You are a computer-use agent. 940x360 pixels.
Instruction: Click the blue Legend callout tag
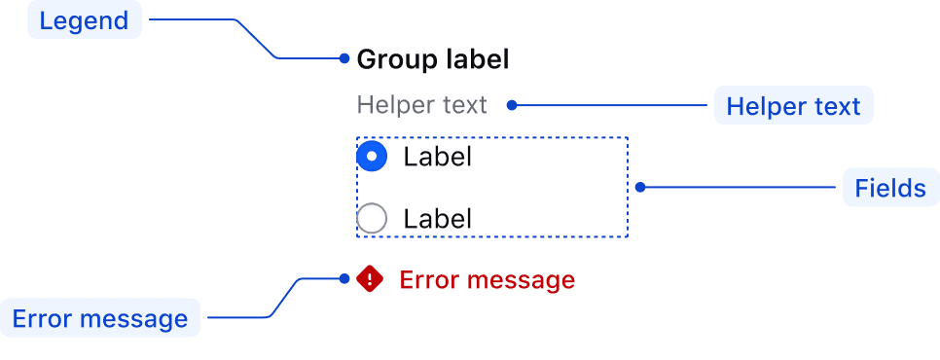85,20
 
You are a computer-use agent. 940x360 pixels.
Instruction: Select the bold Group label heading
433,59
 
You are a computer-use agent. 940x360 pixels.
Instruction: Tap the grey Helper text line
421,105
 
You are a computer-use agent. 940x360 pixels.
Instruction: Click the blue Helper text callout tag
793,106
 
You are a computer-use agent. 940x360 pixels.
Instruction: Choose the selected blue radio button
372,157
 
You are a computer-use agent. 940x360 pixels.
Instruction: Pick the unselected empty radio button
372,218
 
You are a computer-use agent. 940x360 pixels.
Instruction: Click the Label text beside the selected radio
438,157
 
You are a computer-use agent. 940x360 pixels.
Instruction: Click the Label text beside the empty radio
438,219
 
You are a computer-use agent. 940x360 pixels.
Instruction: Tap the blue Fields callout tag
890,188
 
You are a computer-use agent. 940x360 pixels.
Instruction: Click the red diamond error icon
370,278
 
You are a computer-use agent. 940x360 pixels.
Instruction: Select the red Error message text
487,280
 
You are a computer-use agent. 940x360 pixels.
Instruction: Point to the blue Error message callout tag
100,318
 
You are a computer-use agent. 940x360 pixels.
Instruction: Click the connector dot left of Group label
344,58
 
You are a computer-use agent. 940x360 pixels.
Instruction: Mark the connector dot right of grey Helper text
512,105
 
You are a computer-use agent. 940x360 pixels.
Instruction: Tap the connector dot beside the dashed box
640,187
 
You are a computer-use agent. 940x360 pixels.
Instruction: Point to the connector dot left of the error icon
344,278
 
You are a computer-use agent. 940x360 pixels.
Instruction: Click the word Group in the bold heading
396,60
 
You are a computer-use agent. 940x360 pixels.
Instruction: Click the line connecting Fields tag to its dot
738,187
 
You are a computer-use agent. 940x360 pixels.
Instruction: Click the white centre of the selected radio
372,157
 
